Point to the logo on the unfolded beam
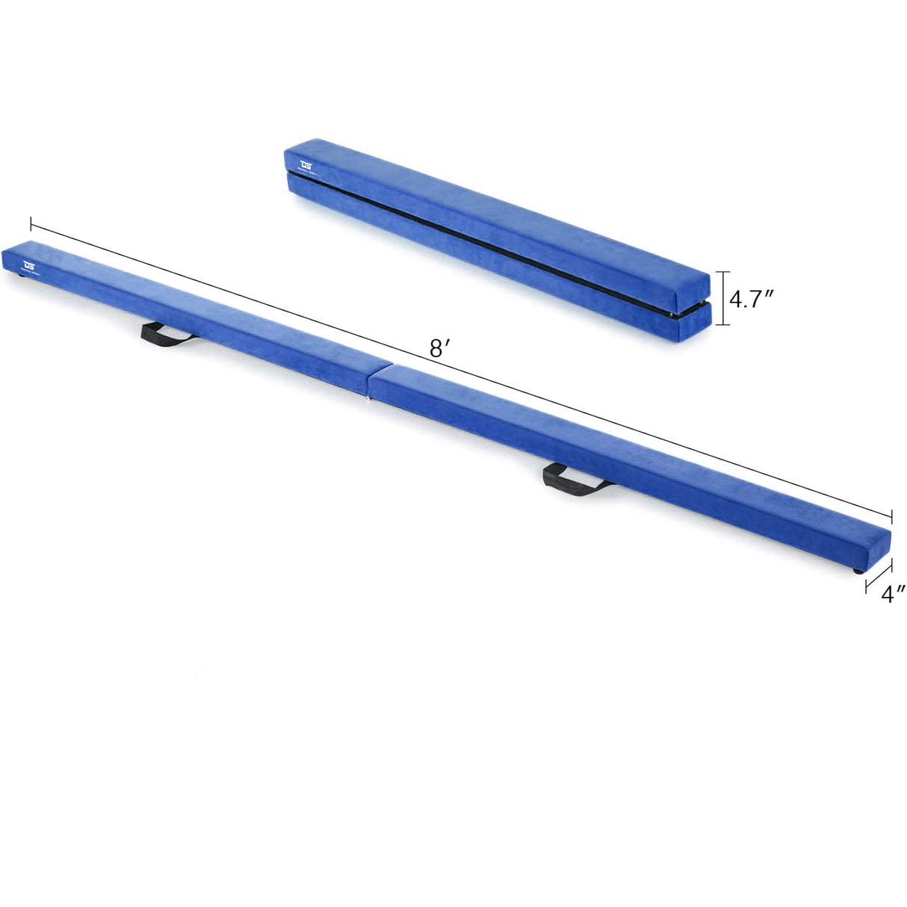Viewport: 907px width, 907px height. tap(30, 264)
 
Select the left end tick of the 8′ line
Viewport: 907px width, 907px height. tap(31, 223)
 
